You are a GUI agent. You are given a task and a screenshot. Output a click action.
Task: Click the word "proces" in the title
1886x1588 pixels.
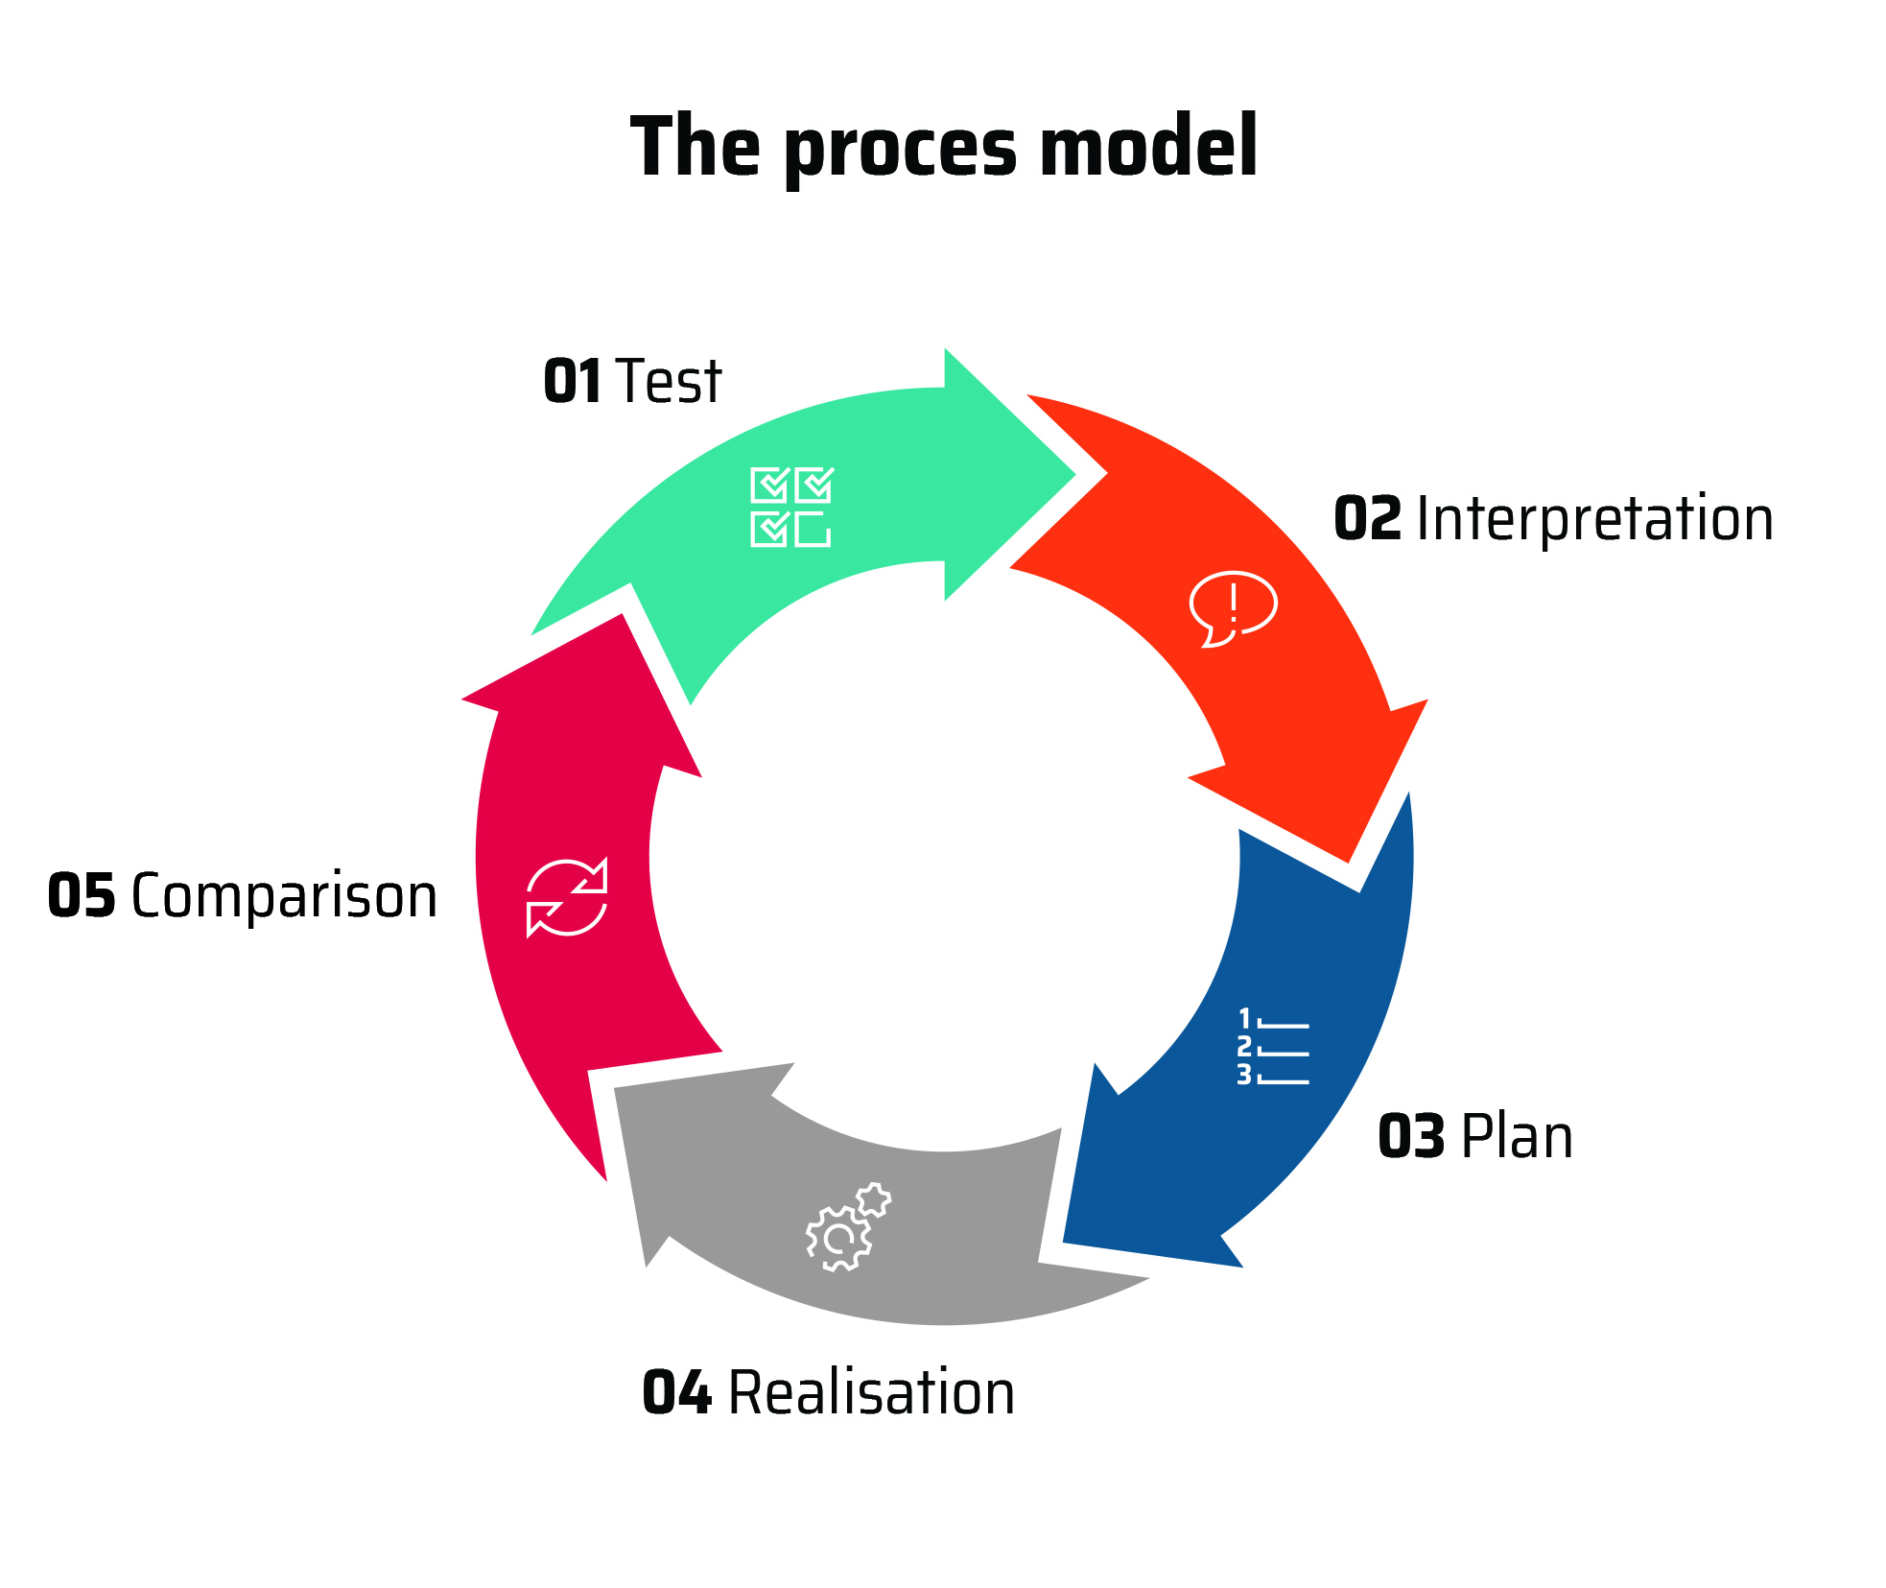point(901,149)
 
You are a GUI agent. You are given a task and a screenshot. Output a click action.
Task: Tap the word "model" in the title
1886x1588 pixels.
point(1148,145)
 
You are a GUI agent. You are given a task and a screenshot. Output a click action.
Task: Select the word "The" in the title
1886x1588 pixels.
point(695,145)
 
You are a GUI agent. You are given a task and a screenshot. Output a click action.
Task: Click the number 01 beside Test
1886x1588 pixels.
point(573,381)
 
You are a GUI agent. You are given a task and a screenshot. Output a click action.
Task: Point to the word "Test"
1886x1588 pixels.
point(669,381)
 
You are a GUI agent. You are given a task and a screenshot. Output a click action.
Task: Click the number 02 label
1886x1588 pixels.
point(1368,519)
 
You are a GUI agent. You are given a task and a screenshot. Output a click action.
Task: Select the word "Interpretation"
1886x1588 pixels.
point(1594,518)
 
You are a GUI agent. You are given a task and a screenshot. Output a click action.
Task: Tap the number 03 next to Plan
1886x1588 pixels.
point(1411,1137)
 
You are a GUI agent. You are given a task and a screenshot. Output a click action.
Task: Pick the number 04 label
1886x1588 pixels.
point(677,1392)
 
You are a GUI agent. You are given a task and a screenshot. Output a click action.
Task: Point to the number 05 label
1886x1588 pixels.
point(82,896)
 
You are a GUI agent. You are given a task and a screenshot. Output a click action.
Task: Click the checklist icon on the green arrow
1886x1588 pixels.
point(791,508)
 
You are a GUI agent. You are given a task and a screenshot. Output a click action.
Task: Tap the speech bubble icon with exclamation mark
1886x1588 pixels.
point(1233,609)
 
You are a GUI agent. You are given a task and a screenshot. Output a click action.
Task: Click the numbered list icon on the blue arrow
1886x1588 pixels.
point(1273,1047)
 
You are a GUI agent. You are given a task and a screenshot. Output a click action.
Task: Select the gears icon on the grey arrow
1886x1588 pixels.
point(848,1227)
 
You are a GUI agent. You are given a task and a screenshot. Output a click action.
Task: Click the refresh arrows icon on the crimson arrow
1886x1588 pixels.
point(567,897)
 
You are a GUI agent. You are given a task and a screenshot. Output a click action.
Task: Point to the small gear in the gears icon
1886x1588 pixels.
point(873,1199)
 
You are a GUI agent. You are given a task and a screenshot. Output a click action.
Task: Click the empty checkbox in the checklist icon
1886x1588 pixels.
point(813,529)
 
